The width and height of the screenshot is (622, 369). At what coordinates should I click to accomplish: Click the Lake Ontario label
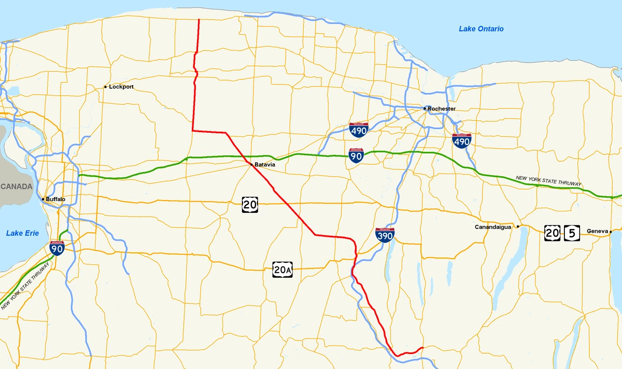tap(481, 29)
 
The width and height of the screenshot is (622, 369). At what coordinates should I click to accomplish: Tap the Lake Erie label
tap(22, 233)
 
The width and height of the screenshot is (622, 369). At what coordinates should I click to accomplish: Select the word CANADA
tap(16, 187)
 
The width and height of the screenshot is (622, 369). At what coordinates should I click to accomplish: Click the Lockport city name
tap(121, 87)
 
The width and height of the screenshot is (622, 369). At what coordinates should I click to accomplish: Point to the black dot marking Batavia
tap(251, 165)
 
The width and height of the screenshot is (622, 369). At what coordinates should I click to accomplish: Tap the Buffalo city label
tap(55, 199)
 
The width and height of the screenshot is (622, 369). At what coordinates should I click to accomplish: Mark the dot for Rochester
tap(425, 108)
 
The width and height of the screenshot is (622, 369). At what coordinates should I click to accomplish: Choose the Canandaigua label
tap(493, 227)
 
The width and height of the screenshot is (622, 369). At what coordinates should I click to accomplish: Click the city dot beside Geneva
tap(611, 232)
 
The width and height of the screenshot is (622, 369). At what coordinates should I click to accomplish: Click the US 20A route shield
tap(282, 269)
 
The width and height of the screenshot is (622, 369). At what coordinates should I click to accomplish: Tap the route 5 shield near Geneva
tap(572, 233)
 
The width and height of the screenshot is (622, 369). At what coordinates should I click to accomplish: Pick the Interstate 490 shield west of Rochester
tap(359, 130)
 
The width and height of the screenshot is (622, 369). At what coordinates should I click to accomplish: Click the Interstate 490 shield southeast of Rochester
tap(461, 140)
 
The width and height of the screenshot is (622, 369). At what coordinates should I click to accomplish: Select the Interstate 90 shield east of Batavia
tap(356, 155)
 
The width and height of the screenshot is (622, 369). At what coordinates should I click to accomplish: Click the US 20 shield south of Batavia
tap(250, 205)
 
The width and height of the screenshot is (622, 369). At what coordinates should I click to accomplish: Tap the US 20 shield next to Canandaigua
tap(552, 233)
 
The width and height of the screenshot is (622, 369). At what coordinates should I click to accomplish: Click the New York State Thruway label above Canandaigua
tap(549, 181)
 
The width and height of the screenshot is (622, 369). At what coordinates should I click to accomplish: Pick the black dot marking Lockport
tap(105, 87)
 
